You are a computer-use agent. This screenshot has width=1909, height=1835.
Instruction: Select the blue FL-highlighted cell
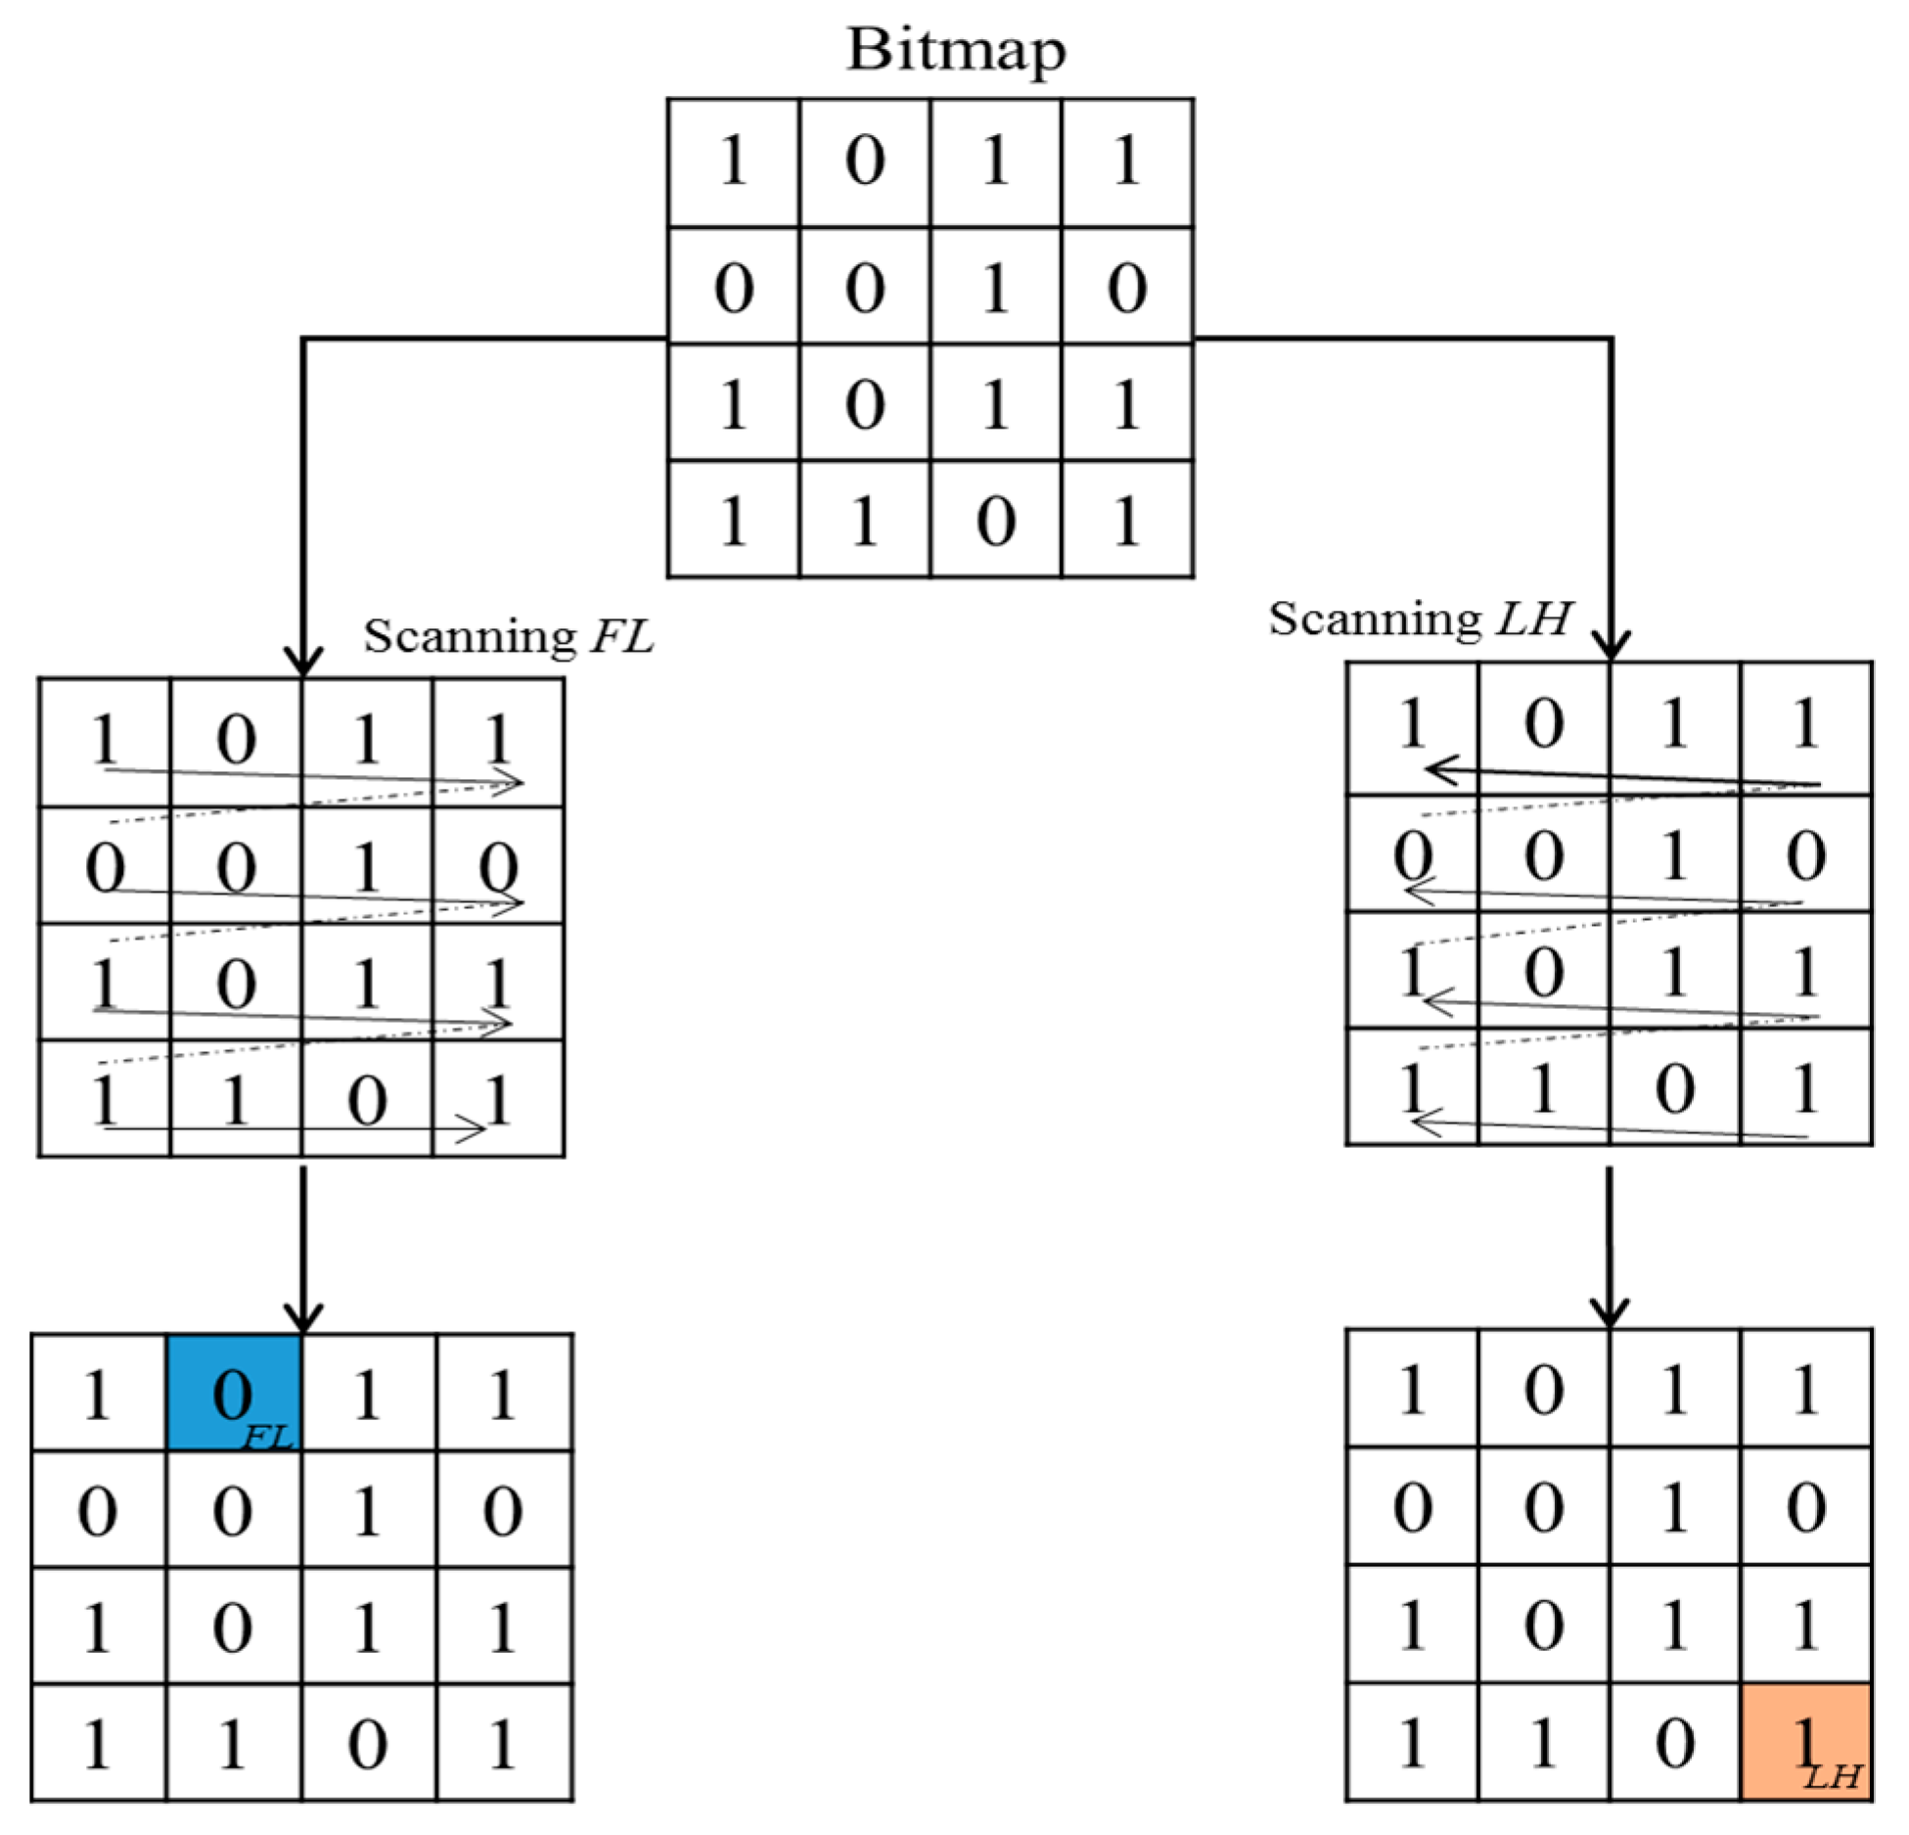click(234, 1392)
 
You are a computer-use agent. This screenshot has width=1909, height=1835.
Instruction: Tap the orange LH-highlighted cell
click(1805, 1741)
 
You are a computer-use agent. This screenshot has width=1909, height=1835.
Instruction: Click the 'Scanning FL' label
click(508, 637)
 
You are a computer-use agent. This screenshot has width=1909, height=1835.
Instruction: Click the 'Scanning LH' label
click(1419, 619)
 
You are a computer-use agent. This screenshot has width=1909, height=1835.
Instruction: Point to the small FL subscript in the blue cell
click(267, 1436)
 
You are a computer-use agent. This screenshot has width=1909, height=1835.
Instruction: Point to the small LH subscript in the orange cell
click(1832, 1774)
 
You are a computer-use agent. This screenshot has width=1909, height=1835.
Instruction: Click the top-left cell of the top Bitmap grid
click(733, 162)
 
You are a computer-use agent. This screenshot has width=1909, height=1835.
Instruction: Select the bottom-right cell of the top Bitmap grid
click(1126, 520)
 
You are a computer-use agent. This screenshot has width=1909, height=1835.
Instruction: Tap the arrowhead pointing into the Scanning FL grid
click(303, 662)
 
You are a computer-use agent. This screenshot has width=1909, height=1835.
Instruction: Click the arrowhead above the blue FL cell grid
click(303, 1316)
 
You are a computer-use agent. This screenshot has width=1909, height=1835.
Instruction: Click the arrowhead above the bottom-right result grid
click(1609, 1311)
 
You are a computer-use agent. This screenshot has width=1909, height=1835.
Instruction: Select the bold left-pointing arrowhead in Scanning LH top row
click(1441, 770)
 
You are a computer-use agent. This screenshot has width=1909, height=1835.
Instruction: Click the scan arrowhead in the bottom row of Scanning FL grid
click(474, 1129)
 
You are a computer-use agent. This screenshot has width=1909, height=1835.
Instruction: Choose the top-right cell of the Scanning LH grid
click(1805, 726)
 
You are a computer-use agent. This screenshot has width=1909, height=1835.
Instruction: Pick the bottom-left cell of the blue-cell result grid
click(98, 1743)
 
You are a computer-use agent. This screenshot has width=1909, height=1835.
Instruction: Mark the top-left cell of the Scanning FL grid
click(105, 741)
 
